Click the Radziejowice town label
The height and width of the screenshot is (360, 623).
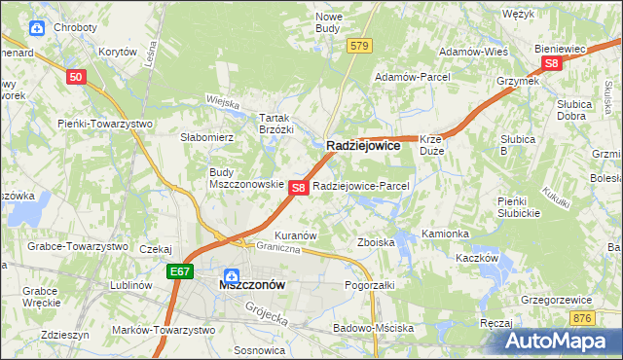pos(363,145)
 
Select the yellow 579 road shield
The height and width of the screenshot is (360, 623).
pos(360,46)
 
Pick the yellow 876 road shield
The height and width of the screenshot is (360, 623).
pos(583,318)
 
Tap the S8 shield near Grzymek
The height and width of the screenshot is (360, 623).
pos(552,63)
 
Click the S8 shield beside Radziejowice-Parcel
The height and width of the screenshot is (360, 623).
pos(300,187)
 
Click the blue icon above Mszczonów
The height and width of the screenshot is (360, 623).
pos(232,273)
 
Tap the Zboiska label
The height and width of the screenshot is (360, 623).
pos(376,242)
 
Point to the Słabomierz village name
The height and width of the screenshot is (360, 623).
pos(205,138)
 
